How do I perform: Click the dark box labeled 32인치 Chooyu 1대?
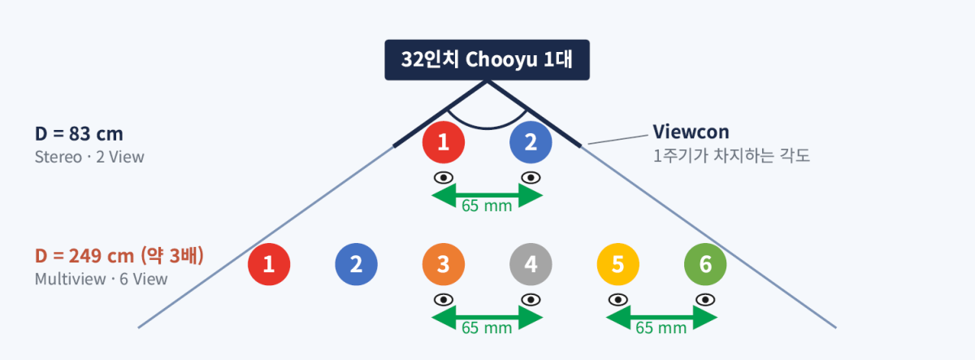[487, 60]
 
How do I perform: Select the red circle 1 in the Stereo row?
[444, 142]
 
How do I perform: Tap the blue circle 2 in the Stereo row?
[531, 142]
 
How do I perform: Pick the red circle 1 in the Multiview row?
[269, 264]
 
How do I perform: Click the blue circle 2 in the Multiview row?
[356, 264]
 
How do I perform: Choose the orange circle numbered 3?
[444, 264]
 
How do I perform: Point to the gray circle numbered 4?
[531, 264]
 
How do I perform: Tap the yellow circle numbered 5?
[618, 264]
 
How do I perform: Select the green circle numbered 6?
[705, 264]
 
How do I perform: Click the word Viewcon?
[691, 132]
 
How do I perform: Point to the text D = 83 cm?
[79, 133]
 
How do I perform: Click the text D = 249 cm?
[84, 256]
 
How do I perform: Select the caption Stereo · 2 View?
[89, 157]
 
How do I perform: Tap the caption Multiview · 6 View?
[101, 279]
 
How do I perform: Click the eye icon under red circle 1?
[444, 178]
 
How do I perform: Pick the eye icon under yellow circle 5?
[618, 300]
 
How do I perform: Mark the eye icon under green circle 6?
[705, 300]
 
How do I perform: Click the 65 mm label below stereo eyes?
[487, 206]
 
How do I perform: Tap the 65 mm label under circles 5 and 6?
[661, 327]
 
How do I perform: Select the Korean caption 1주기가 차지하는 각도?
[731, 156]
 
